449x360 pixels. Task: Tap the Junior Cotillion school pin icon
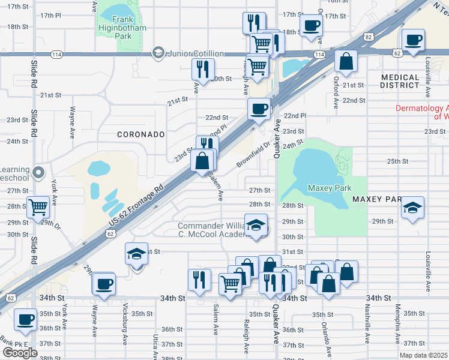pos(158,53)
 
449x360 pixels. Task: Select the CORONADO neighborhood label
pos(141,134)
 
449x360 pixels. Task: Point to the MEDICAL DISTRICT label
pos(400,81)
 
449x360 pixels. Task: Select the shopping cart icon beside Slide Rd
pos(38,207)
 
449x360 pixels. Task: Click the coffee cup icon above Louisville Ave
pos(414,40)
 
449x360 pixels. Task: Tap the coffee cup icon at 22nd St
pos(259,109)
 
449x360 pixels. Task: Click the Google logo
pos(20,352)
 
